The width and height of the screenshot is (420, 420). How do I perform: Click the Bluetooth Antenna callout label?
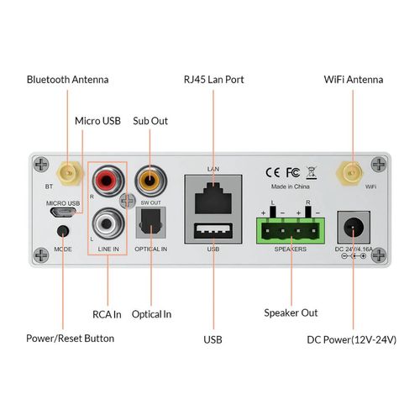[67, 80]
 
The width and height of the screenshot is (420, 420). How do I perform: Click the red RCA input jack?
[108, 181]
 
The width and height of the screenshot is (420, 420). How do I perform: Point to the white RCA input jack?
[108, 225]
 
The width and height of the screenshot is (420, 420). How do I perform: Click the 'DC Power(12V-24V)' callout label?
[352, 339]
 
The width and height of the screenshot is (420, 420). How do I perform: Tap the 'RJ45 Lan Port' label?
[213, 80]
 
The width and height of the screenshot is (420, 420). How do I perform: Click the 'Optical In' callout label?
[152, 313]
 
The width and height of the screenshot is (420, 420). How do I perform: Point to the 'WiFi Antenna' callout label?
[354, 80]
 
